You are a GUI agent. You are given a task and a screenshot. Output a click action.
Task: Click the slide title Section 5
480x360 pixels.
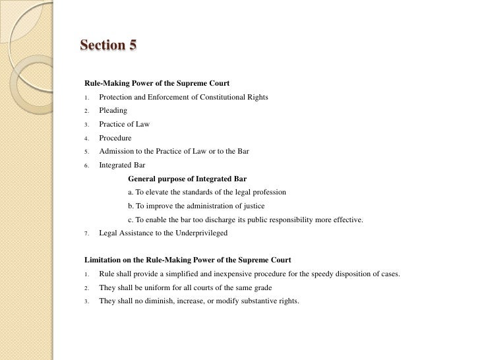coord(108,45)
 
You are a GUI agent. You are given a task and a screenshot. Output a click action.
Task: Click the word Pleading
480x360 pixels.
coord(113,111)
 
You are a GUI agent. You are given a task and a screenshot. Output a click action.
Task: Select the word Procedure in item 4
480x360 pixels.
coord(115,138)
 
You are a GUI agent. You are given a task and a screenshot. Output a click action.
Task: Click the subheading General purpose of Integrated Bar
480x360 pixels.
coord(187,179)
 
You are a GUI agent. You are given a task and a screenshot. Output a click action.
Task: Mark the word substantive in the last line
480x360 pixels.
coord(252,301)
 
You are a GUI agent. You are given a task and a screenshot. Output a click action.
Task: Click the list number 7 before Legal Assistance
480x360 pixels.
coord(86,234)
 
